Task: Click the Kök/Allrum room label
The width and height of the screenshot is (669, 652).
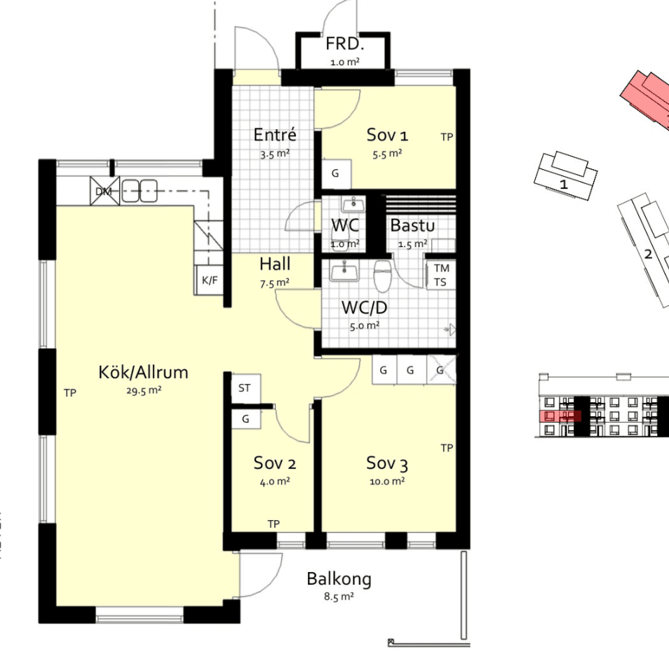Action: click(143, 373)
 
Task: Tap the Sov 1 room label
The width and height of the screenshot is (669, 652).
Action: click(387, 135)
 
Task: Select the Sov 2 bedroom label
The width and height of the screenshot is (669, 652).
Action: click(275, 463)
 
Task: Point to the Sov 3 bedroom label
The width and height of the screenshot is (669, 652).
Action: click(387, 464)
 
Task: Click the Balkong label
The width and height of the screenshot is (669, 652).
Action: click(339, 580)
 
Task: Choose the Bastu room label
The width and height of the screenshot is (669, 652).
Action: click(412, 225)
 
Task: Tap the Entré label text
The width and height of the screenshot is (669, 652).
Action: click(275, 135)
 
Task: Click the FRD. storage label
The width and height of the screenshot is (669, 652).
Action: click(345, 44)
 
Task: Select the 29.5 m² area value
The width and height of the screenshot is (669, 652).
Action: click(144, 391)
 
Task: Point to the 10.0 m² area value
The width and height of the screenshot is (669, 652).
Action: click(387, 481)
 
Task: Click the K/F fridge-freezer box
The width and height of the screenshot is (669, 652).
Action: click(209, 280)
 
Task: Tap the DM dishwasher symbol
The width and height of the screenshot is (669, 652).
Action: click(104, 191)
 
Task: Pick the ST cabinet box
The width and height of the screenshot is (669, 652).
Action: click(245, 389)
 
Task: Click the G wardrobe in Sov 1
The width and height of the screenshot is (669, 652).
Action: click(336, 174)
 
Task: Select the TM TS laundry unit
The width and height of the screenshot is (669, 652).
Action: click(440, 275)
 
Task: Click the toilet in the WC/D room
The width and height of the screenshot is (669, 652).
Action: click(382, 276)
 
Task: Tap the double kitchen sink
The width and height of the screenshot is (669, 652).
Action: click(140, 190)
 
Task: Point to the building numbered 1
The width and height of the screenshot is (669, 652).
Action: click(565, 176)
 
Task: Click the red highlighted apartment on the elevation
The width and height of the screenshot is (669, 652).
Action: click(560, 416)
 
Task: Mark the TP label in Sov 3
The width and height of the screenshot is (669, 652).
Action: click(447, 448)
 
